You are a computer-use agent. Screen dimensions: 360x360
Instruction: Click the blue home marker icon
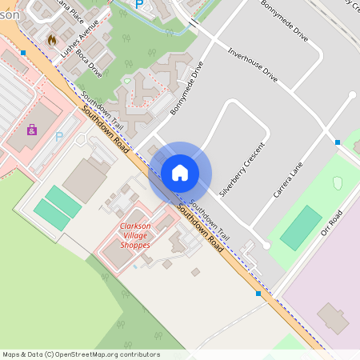(180, 173)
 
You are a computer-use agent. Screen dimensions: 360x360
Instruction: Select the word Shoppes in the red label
(134, 245)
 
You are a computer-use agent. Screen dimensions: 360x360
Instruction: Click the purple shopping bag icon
(32, 130)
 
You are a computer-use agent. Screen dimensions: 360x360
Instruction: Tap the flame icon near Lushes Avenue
(52, 38)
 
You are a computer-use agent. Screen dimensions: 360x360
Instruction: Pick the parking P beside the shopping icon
(58, 137)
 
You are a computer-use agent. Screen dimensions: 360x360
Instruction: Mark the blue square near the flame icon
(23, 53)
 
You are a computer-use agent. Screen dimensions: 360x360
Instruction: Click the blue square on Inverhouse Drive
(338, 142)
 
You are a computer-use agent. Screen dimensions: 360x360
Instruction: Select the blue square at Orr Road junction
(258, 294)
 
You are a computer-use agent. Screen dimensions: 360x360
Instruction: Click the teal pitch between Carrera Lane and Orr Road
(302, 227)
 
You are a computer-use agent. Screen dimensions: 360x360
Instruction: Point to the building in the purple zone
(333, 318)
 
